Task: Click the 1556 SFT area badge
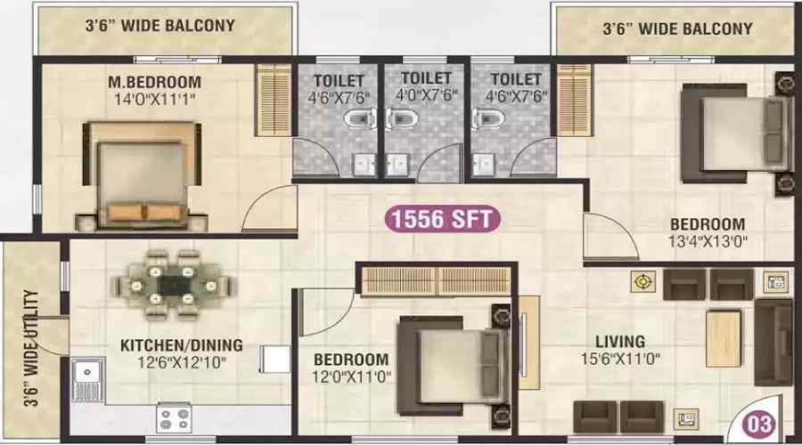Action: (x=442, y=219)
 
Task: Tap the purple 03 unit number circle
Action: (x=759, y=424)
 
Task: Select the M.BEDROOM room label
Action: (x=154, y=82)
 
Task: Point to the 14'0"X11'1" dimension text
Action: (x=154, y=99)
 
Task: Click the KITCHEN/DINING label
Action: (x=182, y=345)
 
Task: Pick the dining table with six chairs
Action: (x=174, y=285)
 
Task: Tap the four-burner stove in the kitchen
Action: (x=174, y=417)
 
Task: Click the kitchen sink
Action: (x=87, y=379)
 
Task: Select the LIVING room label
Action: (x=620, y=341)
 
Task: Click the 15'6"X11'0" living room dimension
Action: (x=620, y=359)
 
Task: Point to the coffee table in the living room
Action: (x=724, y=338)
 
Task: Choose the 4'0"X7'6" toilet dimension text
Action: (x=426, y=95)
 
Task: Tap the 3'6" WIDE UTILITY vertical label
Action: (x=31, y=347)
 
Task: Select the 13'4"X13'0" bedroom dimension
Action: (x=708, y=241)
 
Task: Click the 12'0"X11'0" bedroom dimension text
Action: (x=351, y=377)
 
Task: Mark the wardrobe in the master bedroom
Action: (x=274, y=100)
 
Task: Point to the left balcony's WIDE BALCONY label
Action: (x=177, y=26)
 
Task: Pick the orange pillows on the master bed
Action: (x=146, y=212)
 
